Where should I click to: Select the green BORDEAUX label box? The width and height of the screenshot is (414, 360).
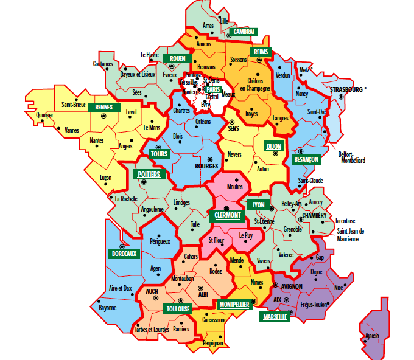coord(124,254)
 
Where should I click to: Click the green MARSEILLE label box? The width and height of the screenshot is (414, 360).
coord(275,317)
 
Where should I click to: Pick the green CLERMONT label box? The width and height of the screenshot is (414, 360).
coord(227,215)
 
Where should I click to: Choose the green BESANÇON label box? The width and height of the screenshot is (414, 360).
coord(306,159)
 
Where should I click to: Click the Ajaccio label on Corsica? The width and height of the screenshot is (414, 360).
coord(372,336)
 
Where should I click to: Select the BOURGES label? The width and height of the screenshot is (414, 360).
coord(206,165)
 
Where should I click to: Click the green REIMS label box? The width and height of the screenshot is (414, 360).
coord(259,52)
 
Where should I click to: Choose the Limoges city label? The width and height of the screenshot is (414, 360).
coord(181,202)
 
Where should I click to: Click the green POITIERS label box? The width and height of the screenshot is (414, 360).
coord(149,175)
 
